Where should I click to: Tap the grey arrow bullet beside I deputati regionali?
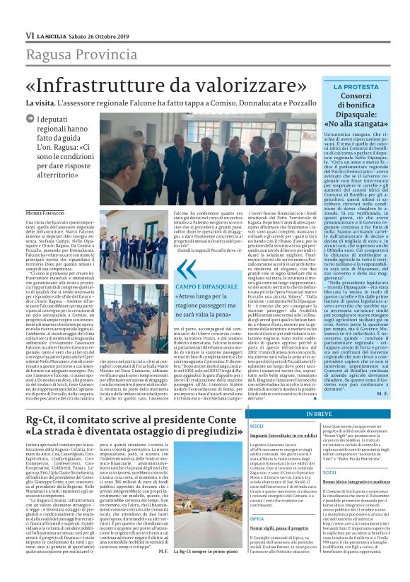pos(30,120)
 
